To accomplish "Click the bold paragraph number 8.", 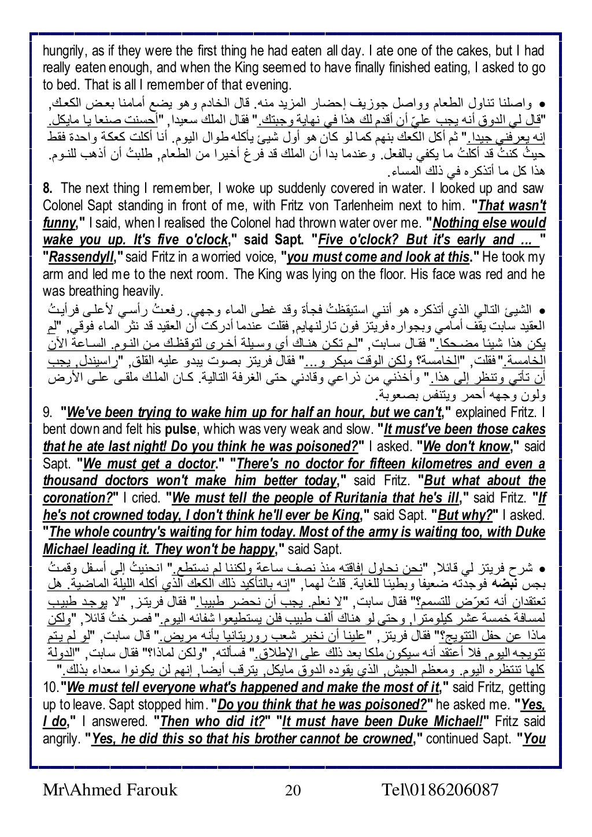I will click(x=48, y=189).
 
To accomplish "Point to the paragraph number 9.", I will click(x=48, y=413).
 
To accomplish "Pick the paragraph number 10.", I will click(x=51, y=687).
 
